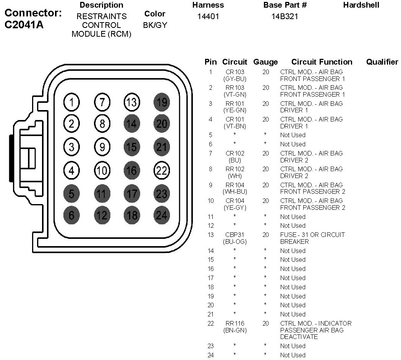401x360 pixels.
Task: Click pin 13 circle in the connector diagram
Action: point(131,102)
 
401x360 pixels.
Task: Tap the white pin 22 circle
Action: point(162,170)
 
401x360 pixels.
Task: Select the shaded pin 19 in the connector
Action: point(162,102)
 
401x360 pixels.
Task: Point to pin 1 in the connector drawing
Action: point(71,102)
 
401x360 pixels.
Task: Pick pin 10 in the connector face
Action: point(101,170)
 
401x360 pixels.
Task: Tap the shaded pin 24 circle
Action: point(162,215)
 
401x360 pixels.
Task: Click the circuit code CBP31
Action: point(235,235)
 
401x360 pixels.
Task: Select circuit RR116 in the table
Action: point(235,323)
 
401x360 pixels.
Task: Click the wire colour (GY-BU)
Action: point(235,79)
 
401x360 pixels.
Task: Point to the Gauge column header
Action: point(265,62)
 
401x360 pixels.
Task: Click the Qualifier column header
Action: point(382,62)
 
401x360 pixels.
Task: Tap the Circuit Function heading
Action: point(322,62)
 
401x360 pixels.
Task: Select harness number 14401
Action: point(208,16)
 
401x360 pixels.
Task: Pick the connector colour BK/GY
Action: point(155,25)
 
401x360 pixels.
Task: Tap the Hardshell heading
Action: point(361,5)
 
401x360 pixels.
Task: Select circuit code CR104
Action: point(235,201)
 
